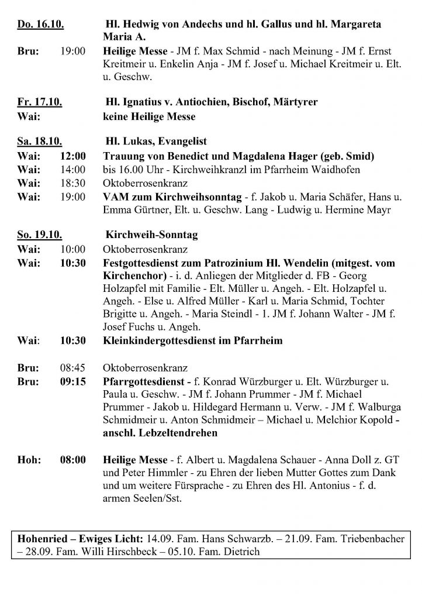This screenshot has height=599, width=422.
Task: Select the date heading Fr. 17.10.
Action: (x=39, y=102)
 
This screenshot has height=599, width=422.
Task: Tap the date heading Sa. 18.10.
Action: (x=40, y=142)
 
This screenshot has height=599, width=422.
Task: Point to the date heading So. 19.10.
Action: (x=40, y=235)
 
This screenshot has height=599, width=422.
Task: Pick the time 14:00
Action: (x=73, y=169)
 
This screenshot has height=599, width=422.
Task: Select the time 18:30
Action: (x=73, y=183)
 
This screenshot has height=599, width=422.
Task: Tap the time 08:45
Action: (x=73, y=369)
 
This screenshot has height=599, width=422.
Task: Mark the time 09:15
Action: (x=73, y=382)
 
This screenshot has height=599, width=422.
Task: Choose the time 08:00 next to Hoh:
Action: (x=73, y=460)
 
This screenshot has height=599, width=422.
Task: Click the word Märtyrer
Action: (x=296, y=102)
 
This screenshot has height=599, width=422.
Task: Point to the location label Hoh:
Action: (x=29, y=460)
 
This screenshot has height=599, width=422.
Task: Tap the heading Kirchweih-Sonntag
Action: (x=151, y=235)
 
